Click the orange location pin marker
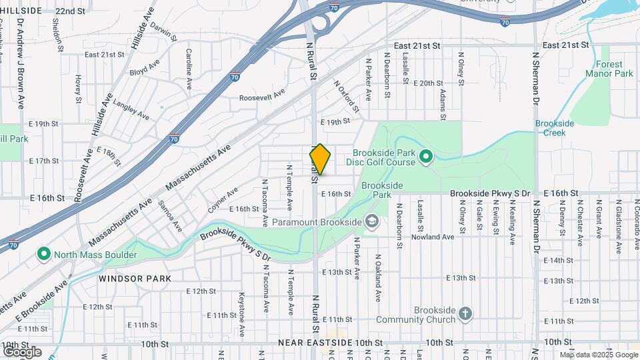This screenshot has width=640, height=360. click(x=320, y=159)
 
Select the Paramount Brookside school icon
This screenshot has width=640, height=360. click(x=371, y=222)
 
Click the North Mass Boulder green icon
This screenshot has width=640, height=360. click(x=44, y=254)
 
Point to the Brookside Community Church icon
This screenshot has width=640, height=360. click(x=465, y=311)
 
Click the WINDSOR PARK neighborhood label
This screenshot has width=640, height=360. click(x=126, y=278)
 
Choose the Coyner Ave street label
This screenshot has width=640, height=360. click(x=223, y=200)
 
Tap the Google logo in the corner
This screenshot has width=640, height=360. click(x=22, y=351)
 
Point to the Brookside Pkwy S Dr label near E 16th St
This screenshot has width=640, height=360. click(x=489, y=193)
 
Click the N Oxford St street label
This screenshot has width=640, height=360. click(x=346, y=96)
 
